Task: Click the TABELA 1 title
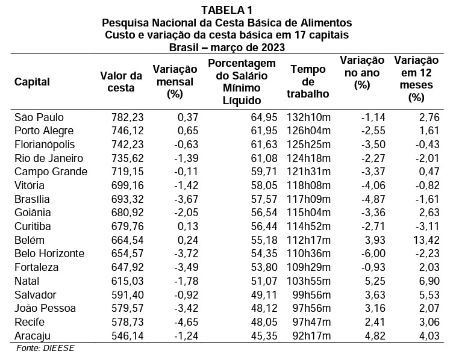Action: [226, 10]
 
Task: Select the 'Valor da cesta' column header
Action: [121, 82]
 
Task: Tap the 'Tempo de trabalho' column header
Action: [308, 81]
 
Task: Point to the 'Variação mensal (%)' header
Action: [175, 82]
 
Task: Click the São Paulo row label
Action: [39, 117]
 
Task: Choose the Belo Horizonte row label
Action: [49, 253]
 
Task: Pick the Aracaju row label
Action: [33, 336]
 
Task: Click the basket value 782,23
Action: [128, 117]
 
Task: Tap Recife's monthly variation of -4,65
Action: [186, 322]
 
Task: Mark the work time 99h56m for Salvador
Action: [312, 295]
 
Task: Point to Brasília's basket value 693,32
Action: [128, 199]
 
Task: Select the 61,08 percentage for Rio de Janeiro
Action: [264, 158]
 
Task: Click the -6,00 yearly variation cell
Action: [373, 253]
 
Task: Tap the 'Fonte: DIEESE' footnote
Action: [45, 348]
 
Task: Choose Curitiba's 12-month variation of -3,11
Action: [428, 226]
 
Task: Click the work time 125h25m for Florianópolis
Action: [309, 144]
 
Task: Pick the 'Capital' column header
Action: [32, 82]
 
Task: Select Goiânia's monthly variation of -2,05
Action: [186, 213]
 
